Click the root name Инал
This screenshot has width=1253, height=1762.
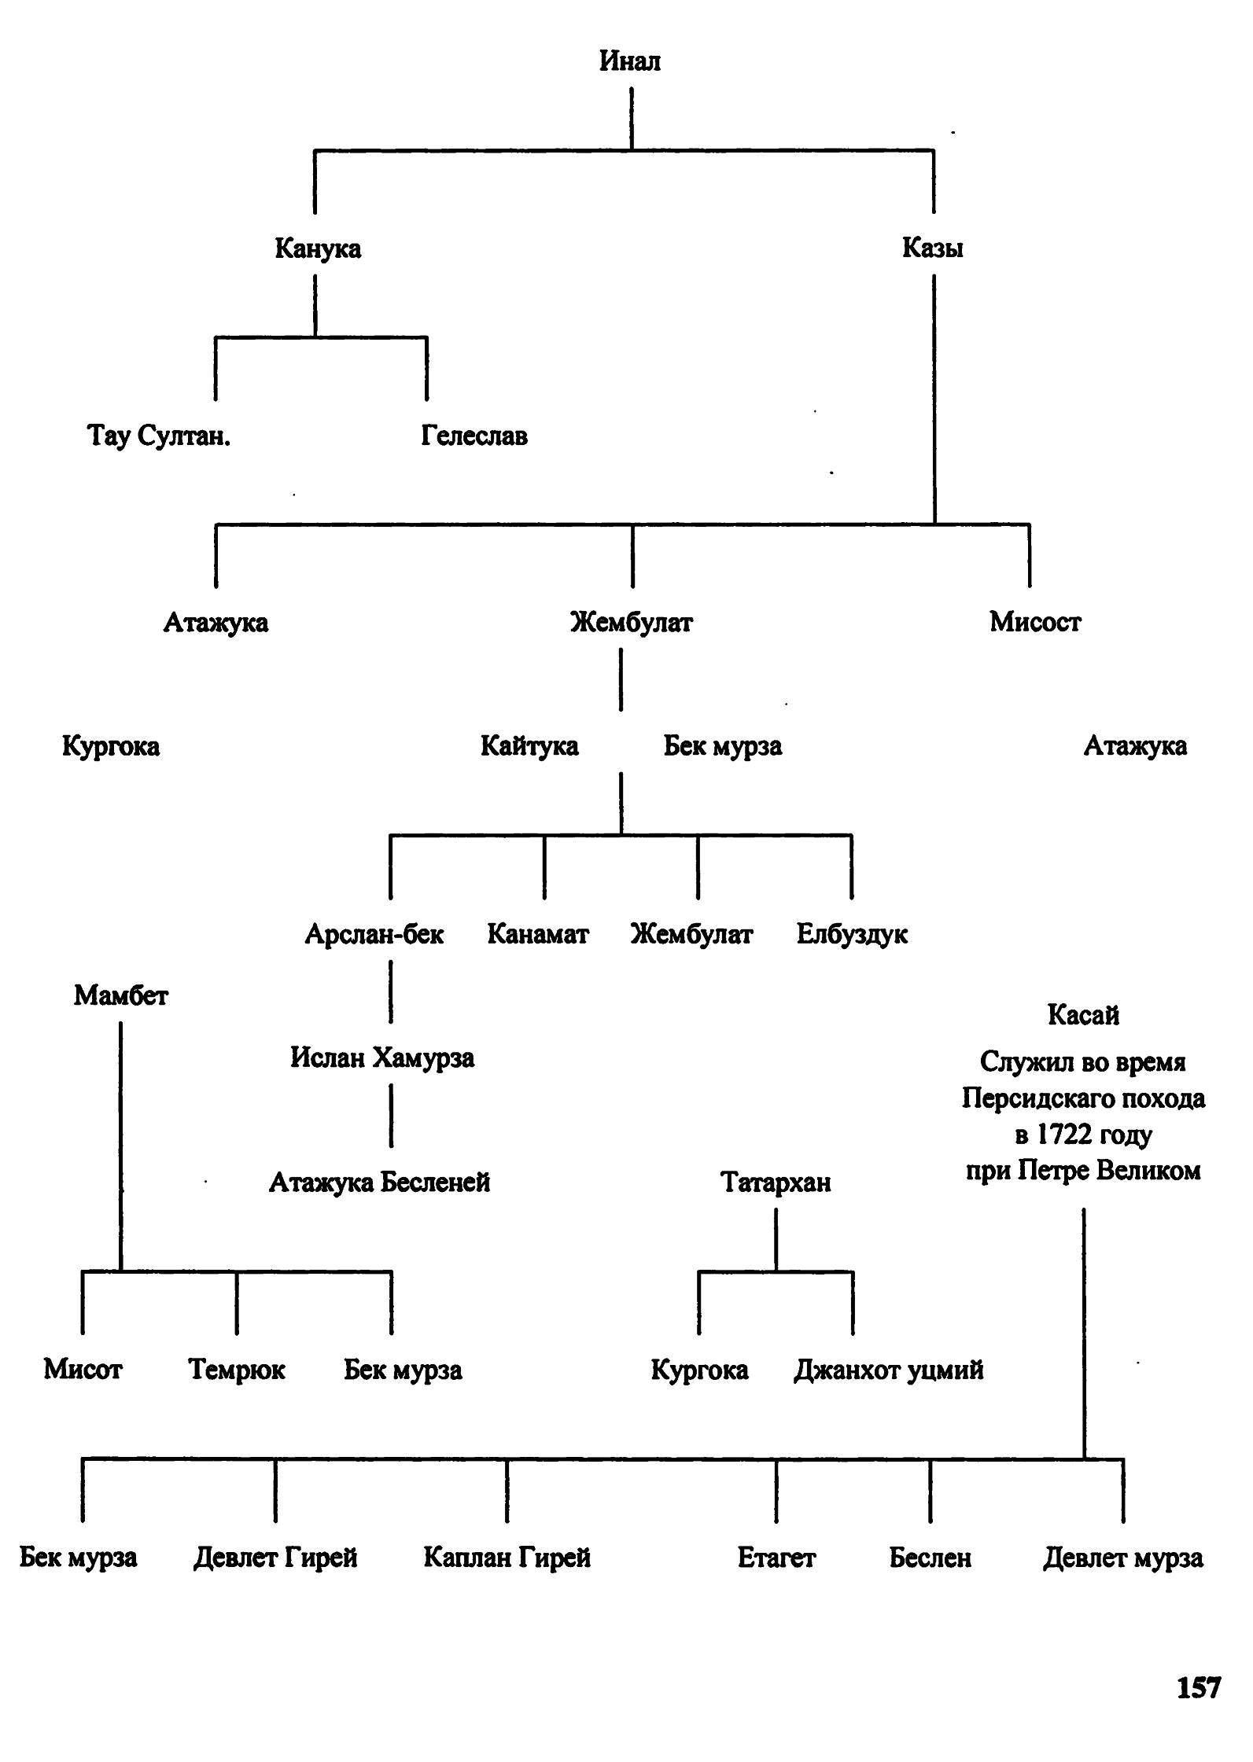click(x=629, y=61)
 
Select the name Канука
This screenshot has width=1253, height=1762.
click(x=318, y=248)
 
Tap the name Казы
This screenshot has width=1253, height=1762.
click(x=933, y=248)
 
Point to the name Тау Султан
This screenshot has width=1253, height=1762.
click(x=158, y=436)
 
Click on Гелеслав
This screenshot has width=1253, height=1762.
click(x=474, y=436)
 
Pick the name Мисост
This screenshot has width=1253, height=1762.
click(x=1035, y=622)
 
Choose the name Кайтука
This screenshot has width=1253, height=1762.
click(x=529, y=745)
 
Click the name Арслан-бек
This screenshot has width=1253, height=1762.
click(x=374, y=934)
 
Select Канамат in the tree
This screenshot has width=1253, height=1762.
click(x=538, y=934)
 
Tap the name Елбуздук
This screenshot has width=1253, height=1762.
click(x=852, y=934)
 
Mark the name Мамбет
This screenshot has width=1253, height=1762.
click(x=121, y=995)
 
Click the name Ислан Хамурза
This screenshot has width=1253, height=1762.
click(x=382, y=1058)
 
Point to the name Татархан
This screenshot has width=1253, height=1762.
click(x=776, y=1182)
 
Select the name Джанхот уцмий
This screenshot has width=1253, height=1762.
click(x=889, y=1370)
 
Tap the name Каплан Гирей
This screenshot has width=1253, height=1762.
click(x=507, y=1557)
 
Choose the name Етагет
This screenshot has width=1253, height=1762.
click(x=776, y=1557)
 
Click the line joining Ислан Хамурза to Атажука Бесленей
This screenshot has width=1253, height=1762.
click(x=391, y=1116)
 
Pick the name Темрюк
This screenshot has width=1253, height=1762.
click(x=237, y=1370)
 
